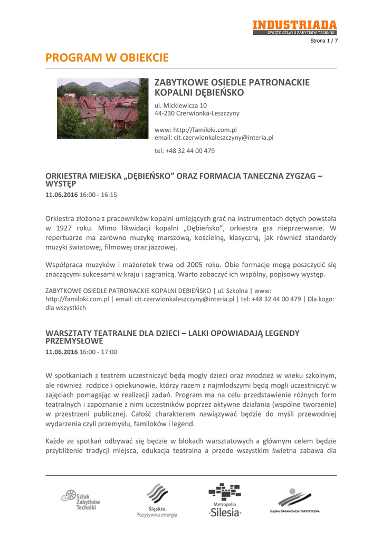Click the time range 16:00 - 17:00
pyautogui.click(x=98, y=352)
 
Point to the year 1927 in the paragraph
pyautogui.click(x=68, y=228)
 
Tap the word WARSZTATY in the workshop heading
pyautogui.click(x=70, y=333)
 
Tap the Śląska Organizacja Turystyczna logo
pyautogui.click(x=294, y=500)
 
